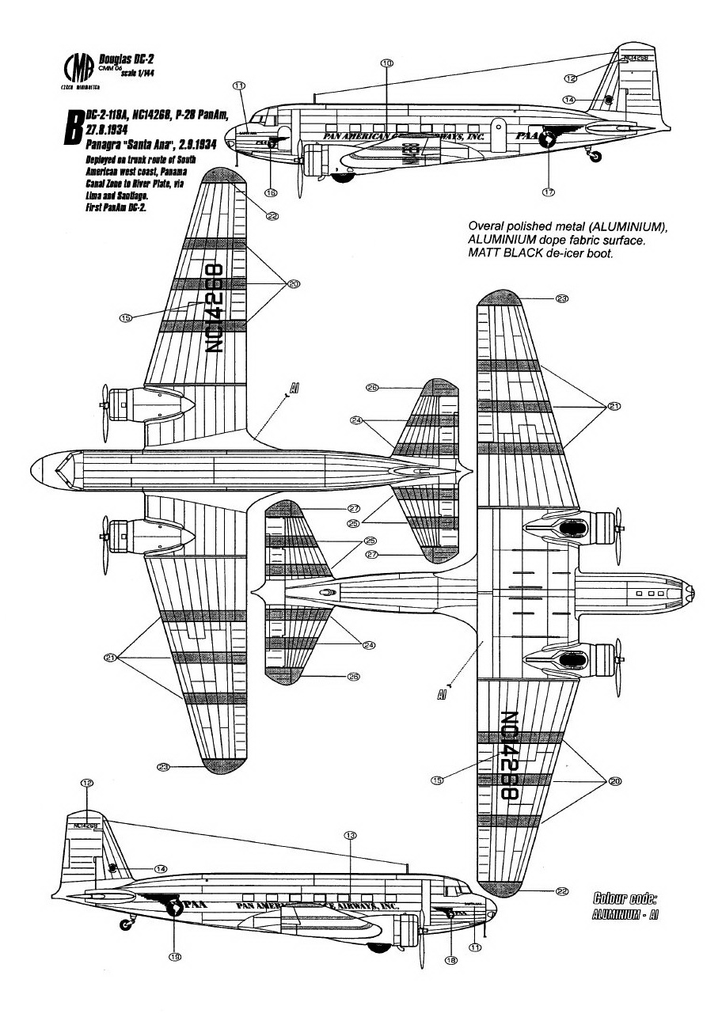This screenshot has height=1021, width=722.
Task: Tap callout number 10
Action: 386,63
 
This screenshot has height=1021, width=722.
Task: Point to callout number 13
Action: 351,836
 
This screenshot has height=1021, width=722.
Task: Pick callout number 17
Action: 548,192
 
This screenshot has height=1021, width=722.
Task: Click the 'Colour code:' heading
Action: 625,898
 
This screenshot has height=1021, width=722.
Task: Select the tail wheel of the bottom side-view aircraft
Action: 125,924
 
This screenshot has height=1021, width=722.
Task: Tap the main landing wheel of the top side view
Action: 343,176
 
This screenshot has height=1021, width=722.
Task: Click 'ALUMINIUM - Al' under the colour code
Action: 625,914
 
